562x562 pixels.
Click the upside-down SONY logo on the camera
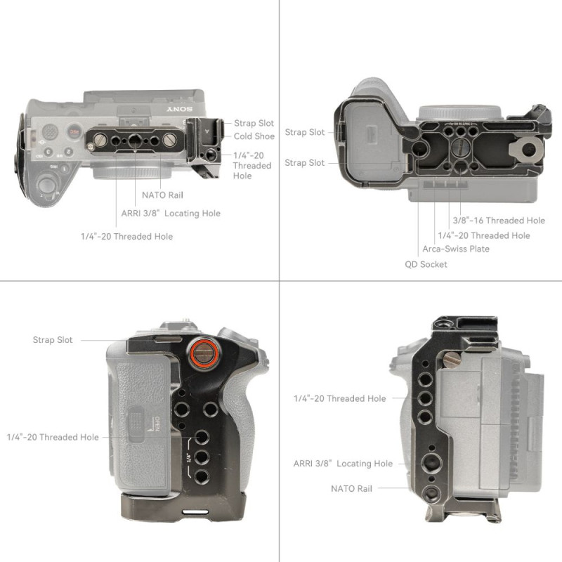(x=180, y=109)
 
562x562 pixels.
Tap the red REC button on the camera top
(x=74, y=131)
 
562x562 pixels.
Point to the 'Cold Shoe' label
(x=254, y=136)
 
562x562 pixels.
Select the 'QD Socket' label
(x=426, y=264)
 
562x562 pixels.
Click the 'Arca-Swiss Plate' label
(x=455, y=249)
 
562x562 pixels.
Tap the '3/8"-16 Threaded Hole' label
(x=499, y=220)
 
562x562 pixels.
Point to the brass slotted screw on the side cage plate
(x=452, y=360)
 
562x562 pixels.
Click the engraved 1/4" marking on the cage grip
(x=189, y=458)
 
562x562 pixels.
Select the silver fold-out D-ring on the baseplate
(x=525, y=149)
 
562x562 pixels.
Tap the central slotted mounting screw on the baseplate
(x=460, y=146)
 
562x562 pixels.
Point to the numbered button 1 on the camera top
(x=65, y=168)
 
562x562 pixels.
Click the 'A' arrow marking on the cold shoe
(x=207, y=131)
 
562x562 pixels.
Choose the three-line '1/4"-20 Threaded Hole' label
(x=252, y=165)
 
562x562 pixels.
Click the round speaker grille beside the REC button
(x=50, y=131)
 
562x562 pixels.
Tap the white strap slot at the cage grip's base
(x=195, y=512)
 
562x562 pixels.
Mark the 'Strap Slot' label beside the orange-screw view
(x=53, y=340)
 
